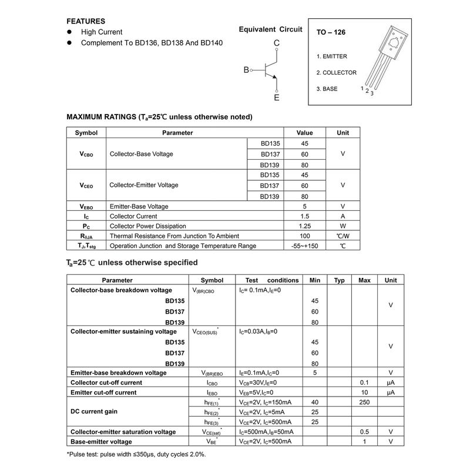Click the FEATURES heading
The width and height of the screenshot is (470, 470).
tap(86, 21)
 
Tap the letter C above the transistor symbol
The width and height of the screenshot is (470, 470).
tap(277, 43)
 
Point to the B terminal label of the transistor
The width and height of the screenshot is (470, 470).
tap(246, 70)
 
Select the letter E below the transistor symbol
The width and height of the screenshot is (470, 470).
tap(277, 98)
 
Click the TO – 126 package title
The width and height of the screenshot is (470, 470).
tap(331, 33)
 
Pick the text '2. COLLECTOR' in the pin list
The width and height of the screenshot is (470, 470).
tap(337, 73)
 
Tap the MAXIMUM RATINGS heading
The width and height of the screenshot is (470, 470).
tap(159, 117)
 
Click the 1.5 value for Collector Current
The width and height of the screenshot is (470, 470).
tap(304, 216)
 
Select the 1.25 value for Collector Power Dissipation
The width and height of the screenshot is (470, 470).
tap(304, 226)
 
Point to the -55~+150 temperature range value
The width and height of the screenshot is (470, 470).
tap(304, 246)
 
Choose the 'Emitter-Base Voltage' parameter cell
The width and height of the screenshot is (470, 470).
tap(139, 206)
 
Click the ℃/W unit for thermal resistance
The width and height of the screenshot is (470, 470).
tap(343, 236)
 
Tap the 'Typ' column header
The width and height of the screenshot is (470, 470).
tap(339, 280)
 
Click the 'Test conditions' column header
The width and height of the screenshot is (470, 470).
tap(269, 280)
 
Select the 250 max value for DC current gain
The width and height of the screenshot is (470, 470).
tap(364, 402)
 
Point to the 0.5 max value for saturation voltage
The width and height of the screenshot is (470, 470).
tap(364, 432)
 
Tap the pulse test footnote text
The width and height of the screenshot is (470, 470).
tap(136, 454)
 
